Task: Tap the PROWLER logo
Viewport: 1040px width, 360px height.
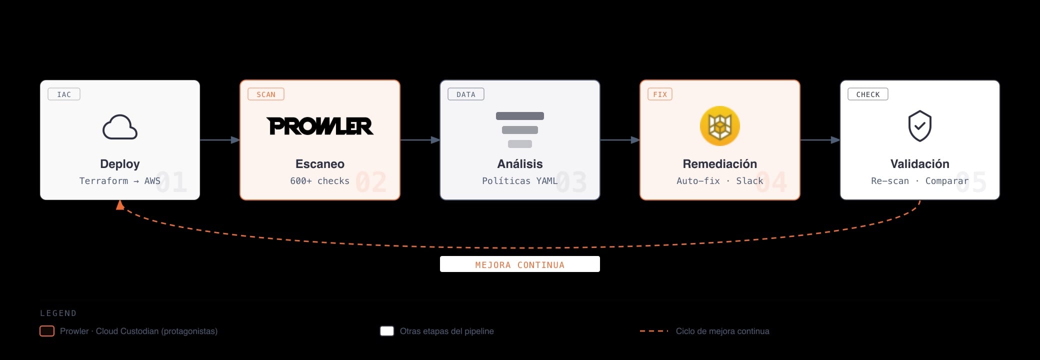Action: (320, 126)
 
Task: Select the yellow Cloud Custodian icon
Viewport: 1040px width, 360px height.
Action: (720, 126)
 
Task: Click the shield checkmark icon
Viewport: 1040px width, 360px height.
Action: (920, 126)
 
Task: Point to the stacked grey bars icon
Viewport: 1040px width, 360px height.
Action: (520, 130)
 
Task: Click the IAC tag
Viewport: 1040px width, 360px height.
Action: (64, 94)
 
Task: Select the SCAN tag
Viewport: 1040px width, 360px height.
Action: (266, 94)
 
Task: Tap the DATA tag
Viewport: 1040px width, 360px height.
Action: (466, 94)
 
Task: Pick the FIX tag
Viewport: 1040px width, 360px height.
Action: (660, 94)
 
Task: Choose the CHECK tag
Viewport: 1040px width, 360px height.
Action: (868, 94)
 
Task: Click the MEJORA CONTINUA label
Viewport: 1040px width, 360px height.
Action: (520, 264)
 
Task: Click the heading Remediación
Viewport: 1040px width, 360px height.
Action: (720, 164)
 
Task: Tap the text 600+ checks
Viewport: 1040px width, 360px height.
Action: (320, 181)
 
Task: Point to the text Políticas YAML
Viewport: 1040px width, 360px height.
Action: (520, 181)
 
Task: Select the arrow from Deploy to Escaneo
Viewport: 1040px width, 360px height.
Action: (220, 140)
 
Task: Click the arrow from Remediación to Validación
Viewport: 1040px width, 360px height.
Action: (820, 140)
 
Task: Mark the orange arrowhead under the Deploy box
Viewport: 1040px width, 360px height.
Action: (120, 205)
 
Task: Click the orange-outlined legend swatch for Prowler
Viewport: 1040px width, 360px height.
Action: (47, 331)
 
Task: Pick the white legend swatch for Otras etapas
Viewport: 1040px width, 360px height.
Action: (387, 331)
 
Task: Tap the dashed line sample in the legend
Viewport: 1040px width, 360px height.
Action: (654, 331)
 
